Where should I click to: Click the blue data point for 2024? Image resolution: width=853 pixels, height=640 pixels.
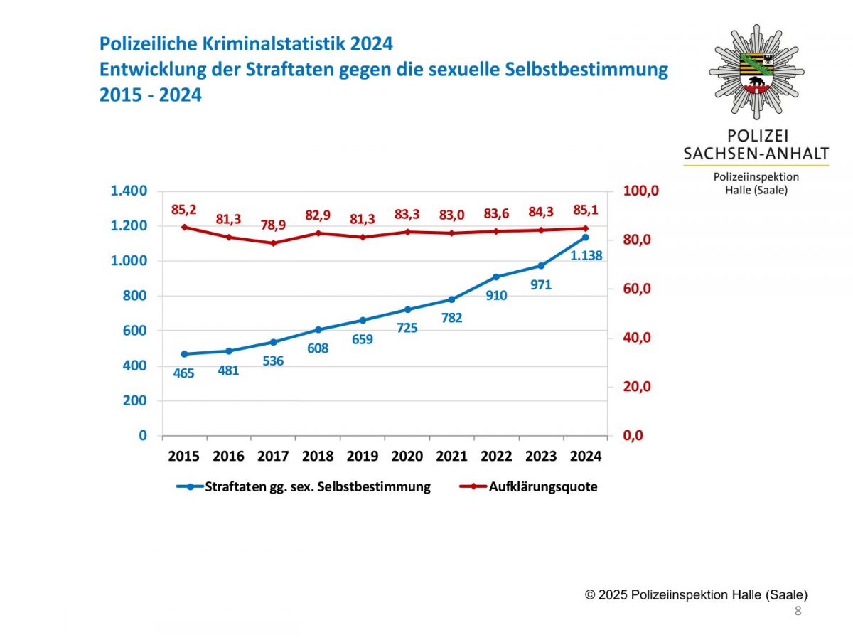(586, 237)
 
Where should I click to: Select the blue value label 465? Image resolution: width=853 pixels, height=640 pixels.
(184, 373)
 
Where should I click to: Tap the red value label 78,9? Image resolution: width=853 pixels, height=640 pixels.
(273, 224)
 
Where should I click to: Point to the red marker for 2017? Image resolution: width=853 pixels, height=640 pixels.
(273, 243)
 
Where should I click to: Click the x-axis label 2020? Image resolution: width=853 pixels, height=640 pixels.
(407, 457)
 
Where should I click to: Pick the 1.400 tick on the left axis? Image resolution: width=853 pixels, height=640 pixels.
(129, 191)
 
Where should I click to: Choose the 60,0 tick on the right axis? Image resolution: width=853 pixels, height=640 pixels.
(638, 289)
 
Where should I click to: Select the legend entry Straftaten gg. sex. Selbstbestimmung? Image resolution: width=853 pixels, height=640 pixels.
(317, 487)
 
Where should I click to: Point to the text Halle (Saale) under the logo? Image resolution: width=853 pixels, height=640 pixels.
(756, 191)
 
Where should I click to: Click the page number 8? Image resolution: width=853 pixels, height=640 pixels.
(798, 612)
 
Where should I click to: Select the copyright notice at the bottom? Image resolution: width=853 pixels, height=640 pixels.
(696, 595)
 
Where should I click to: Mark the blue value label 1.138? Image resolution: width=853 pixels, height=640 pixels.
(586, 255)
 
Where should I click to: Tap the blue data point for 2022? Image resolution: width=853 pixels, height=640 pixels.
(496, 277)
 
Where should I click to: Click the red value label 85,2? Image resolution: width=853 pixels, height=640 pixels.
(184, 210)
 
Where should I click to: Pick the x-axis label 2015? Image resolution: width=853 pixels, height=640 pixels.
(184, 457)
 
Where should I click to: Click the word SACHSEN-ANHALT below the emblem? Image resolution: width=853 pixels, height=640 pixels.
(756, 154)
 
